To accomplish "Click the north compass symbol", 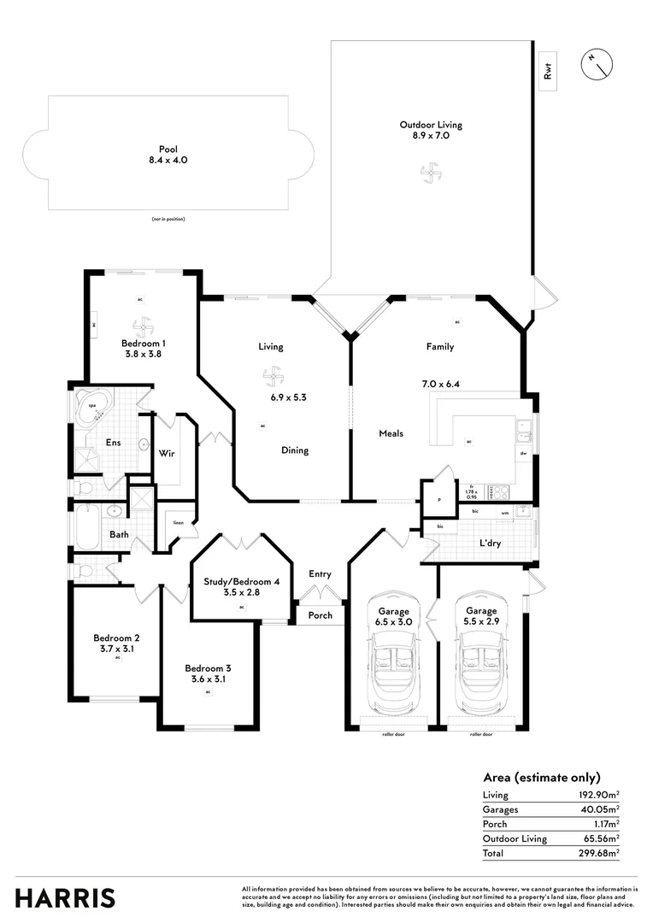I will point(596,63).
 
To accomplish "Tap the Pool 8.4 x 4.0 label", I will point(168,154).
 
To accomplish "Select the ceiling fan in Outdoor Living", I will point(430,173).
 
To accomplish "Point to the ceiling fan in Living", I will point(272,376).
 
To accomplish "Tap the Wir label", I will point(167,453).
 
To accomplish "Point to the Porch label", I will point(320,615).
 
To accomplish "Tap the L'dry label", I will point(490,544).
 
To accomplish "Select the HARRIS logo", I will point(65,898).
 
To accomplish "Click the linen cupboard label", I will point(179,523).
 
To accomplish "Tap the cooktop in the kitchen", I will point(499,492).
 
